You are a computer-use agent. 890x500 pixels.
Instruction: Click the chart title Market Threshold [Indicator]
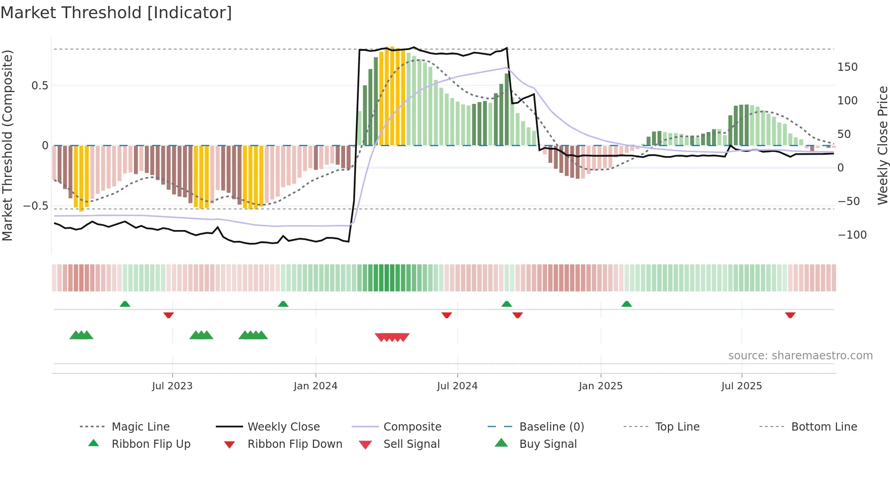(116, 13)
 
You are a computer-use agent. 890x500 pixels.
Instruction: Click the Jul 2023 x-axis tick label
(172, 386)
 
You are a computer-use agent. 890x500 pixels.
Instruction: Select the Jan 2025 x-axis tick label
(600, 386)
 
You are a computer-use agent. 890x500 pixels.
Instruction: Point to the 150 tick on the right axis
(847, 67)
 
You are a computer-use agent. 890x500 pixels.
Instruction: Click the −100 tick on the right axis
(852, 235)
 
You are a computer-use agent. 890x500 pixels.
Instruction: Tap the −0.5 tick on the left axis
(35, 206)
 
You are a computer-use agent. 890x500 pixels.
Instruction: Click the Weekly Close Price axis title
(882, 145)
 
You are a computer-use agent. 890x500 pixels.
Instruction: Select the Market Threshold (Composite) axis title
(7, 145)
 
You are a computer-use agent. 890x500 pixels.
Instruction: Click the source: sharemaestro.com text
(800, 356)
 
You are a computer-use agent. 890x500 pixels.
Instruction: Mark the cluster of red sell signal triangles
(392, 337)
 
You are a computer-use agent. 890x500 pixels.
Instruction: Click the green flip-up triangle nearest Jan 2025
(627, 304)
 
